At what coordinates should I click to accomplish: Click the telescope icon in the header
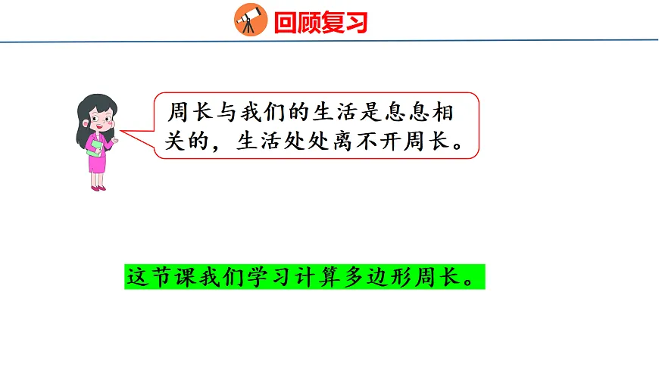tap(250, 20)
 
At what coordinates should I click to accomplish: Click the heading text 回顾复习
tap(320, 23)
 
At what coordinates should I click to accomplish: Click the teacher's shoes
tap(98, 187)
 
